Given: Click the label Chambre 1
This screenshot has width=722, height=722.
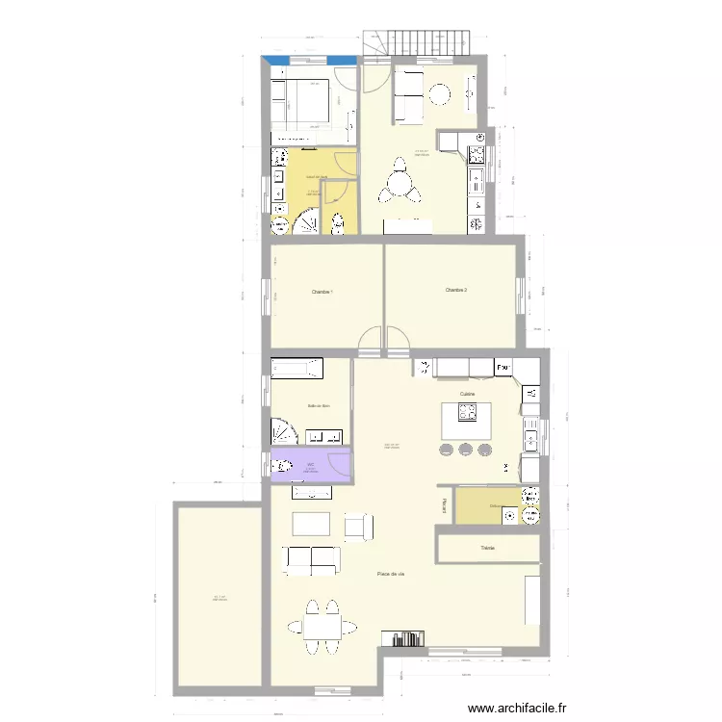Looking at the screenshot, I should point(322,293).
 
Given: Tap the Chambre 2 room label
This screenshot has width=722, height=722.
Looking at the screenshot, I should point(456,290).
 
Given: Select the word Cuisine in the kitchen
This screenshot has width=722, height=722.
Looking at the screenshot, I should point(468,395).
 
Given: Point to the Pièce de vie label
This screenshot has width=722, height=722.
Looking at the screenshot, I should point(390,575).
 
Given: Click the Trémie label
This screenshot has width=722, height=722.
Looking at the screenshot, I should point(487,549).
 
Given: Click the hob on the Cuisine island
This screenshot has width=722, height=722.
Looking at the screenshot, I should point(467,414).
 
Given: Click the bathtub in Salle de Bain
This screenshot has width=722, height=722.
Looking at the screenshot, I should point(297,369).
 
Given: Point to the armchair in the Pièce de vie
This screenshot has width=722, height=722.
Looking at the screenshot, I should point(358,526).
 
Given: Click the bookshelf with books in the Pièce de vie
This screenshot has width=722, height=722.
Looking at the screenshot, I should point(403,637).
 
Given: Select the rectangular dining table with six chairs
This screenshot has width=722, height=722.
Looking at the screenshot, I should point(321,627).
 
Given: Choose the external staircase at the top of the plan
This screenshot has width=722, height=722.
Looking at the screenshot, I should point(415,41).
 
